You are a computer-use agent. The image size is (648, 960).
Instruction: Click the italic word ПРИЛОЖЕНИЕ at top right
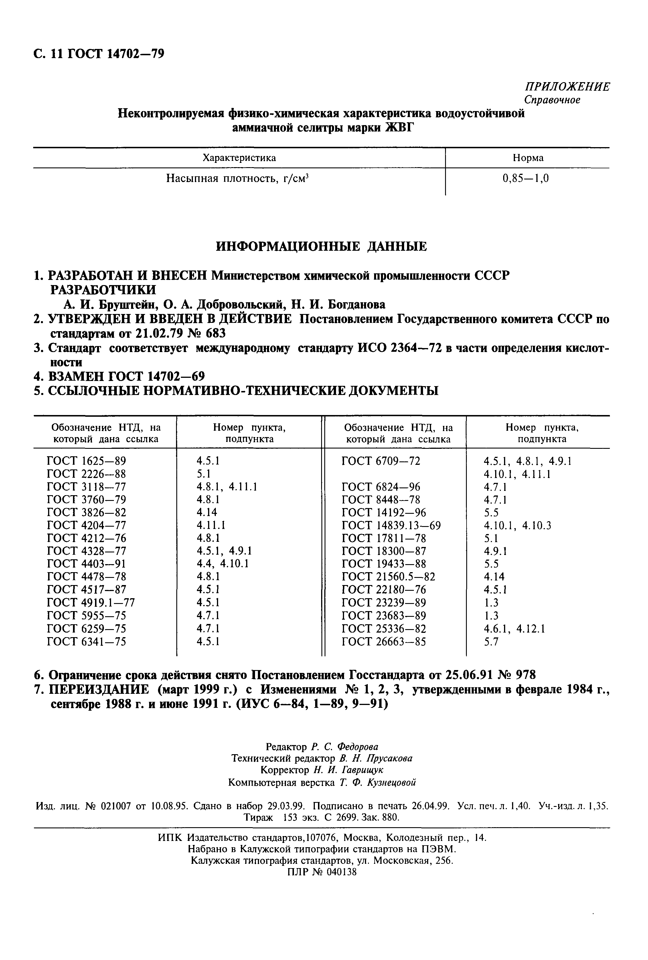(x=567, y=87)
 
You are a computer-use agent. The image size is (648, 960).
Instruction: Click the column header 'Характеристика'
(x=239, y=158)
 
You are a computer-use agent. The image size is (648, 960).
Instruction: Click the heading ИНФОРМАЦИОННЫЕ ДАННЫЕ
(x=321, y=247)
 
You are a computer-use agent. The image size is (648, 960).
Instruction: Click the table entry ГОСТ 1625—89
(x=86, y=461)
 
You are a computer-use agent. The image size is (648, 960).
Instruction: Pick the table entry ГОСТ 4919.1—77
(x=90, y=602)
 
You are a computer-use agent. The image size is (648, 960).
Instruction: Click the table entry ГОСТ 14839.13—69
(x=391, y=526)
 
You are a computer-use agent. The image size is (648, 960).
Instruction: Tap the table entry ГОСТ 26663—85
(x=384, y=641)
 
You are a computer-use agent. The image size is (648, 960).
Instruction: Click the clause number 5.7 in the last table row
(x=491, y=641)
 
